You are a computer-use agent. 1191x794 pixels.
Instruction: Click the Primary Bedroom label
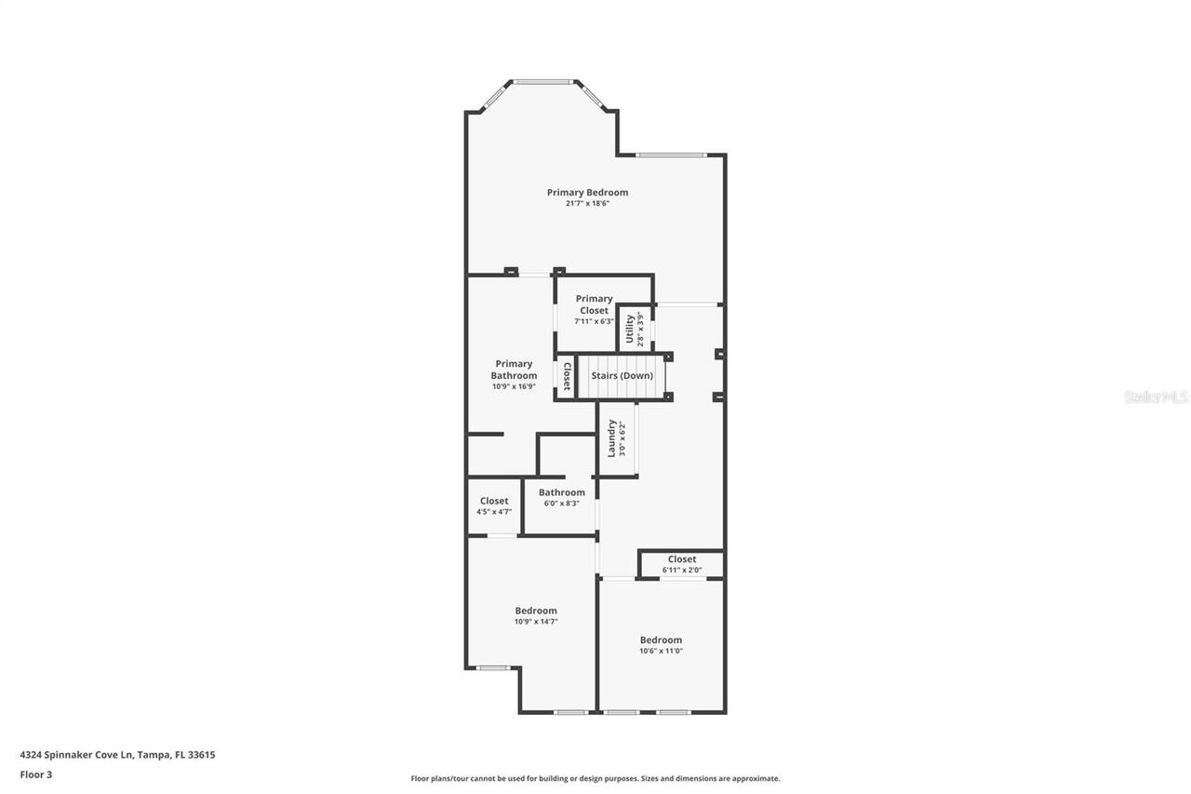[587, 193]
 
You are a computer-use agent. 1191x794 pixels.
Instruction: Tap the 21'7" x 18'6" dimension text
[587, 204]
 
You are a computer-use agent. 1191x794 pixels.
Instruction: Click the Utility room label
[630, 329]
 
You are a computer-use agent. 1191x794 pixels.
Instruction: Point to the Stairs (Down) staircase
[622, 376]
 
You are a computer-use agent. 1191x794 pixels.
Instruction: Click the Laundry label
[612, 437]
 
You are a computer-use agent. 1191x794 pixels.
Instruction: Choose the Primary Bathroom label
[514, 370]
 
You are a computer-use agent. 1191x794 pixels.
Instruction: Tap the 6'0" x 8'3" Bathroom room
[561, 498]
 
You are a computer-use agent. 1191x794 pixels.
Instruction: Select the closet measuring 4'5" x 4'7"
[494, 505]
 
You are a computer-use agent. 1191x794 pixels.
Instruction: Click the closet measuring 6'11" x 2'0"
[681, 564]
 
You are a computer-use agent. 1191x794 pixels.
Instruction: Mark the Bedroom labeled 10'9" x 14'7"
[536, 615]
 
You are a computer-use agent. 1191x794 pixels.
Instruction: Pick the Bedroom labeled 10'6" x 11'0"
[661, 645]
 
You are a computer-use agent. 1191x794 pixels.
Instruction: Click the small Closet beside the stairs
[566, 376]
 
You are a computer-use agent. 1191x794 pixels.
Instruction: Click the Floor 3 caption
[36, 774]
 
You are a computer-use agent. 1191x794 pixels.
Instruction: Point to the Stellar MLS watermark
[1156, 397]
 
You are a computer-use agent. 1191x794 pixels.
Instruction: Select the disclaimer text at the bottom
[595, 778]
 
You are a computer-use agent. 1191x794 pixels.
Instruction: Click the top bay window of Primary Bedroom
[543, 82]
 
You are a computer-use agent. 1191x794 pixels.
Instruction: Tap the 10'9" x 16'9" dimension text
[514, 386]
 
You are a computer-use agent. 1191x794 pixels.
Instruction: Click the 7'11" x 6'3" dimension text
[594, 321]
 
